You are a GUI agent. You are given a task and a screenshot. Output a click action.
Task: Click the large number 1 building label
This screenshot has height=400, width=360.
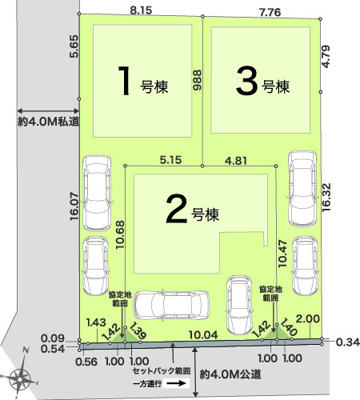click(124, 81)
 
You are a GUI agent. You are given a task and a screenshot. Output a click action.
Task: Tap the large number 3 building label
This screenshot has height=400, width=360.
click(246, 81)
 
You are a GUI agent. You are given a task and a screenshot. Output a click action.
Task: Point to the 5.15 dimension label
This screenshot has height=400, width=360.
click(170, 160)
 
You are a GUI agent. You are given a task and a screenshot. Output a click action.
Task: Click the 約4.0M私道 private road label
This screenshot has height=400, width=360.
click(48, 122)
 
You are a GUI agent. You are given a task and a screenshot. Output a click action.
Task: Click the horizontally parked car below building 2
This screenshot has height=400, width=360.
click(171, 305)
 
